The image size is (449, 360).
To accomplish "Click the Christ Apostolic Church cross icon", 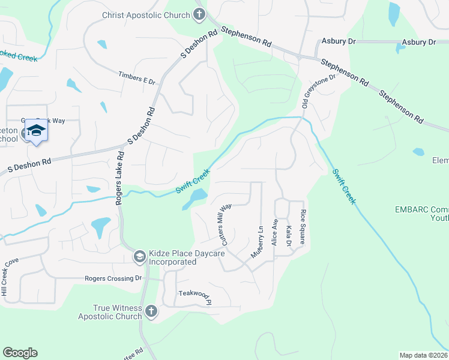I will point(200,15).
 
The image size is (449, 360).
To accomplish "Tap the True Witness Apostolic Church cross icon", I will point(151,311).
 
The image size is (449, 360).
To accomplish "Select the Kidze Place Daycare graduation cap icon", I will point(139,257).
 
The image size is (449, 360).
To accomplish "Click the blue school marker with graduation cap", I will point(36,132).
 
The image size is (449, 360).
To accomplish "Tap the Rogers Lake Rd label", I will point(119,178).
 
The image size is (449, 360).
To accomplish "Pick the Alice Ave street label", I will point(275,232).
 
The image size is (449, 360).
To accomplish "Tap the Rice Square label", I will point(303,228).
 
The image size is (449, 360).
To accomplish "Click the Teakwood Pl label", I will point(195,294).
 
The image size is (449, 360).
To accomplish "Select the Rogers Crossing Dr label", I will point(112,278).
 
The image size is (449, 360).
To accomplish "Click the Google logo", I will point(20,353).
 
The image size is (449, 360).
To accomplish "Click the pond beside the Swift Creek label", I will point(195,199).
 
